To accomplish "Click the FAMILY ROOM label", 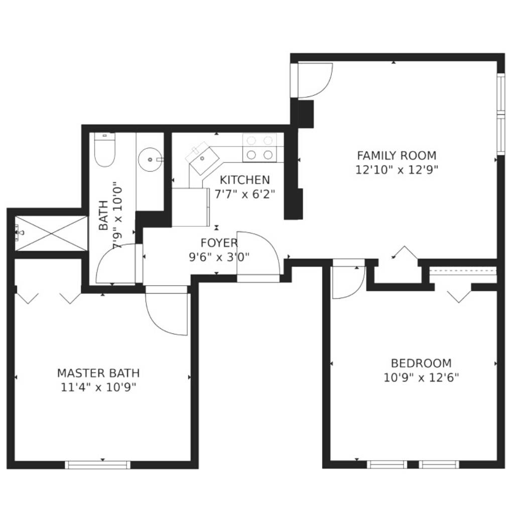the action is coord(397,155).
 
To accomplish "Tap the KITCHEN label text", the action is coord(244,180).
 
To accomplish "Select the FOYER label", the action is coord(219,243).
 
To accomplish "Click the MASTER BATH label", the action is coord(98,373).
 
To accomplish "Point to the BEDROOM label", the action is coord(421,363).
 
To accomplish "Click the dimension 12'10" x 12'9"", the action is coord(397,170).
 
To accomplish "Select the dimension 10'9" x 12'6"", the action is coord(421,377).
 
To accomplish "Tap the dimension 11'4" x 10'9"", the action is coord(98,388).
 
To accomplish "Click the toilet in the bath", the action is coord(104,149).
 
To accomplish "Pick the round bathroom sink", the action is coord(150,160).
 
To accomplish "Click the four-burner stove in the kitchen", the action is coord(260,148).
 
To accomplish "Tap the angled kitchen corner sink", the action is coord(202,158).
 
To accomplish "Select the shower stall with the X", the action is coord(52,233).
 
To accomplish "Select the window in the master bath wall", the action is coord(98,464).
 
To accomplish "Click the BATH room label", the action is coord(103,215).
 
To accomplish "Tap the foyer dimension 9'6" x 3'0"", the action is coord(219,257).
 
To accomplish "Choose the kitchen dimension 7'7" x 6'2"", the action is coord(244,194).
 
